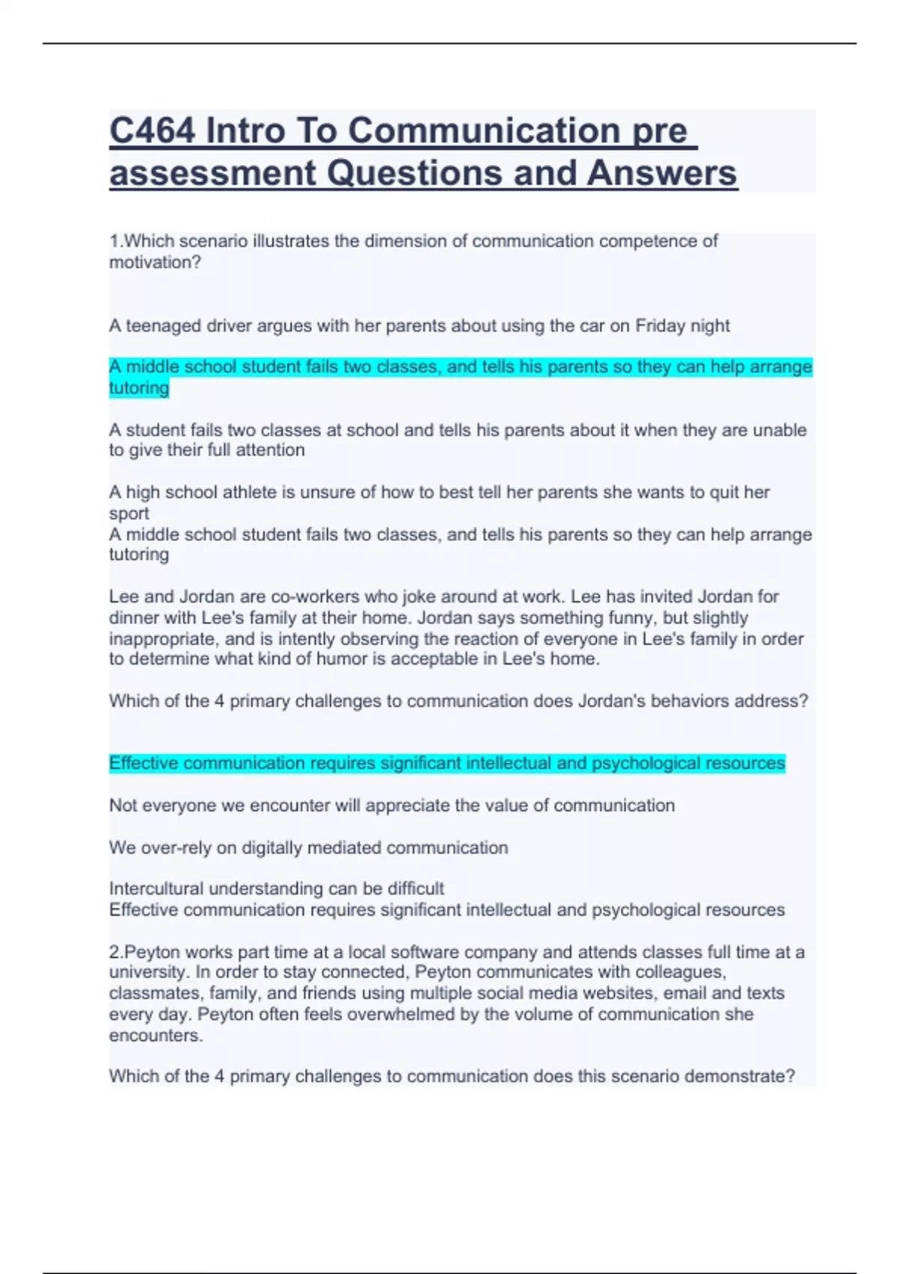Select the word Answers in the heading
(x=661, y=173)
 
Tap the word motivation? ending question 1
(x=155, y=262)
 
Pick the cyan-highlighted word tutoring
(x=139, y=387)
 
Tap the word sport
(x=129, y=513)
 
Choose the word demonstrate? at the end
(x=743, y=1076)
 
